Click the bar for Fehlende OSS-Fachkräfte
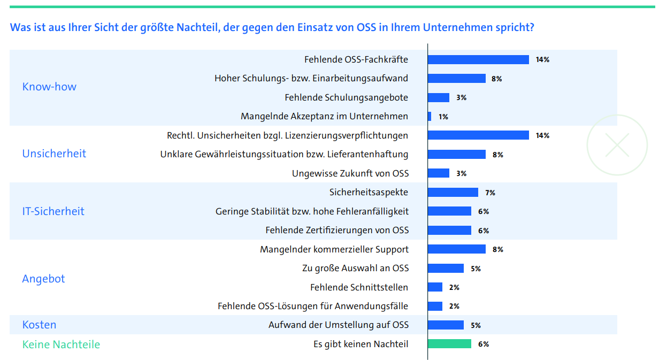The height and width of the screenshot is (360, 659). pos(478,59)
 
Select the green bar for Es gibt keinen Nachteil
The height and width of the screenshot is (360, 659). pos(449,344)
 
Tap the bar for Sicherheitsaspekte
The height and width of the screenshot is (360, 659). pos(453,192)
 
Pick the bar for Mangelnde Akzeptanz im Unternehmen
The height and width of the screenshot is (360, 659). pos(430,116)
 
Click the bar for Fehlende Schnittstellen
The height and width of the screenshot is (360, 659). pos(435,287)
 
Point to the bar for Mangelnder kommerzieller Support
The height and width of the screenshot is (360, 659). pos(457,249)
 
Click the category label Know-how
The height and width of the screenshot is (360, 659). pos(49,87)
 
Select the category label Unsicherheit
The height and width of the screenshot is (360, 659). pos(54,154)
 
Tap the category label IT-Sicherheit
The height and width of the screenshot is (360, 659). pos(53,211)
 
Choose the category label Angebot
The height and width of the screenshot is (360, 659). pos(43,279)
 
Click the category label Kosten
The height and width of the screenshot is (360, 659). pos(39,325)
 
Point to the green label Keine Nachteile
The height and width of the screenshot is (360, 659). pos(61,344)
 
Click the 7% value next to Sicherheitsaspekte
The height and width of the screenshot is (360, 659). pos(491,193)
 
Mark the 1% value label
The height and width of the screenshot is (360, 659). pos(443,117)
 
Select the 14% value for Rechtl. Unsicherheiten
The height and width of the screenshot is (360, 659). pos(542,136)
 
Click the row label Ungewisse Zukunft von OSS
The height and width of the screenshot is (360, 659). pos(350,173)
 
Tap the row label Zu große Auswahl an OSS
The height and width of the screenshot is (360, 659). pos(356,268)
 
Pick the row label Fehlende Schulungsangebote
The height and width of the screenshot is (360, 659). pos(346,97)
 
